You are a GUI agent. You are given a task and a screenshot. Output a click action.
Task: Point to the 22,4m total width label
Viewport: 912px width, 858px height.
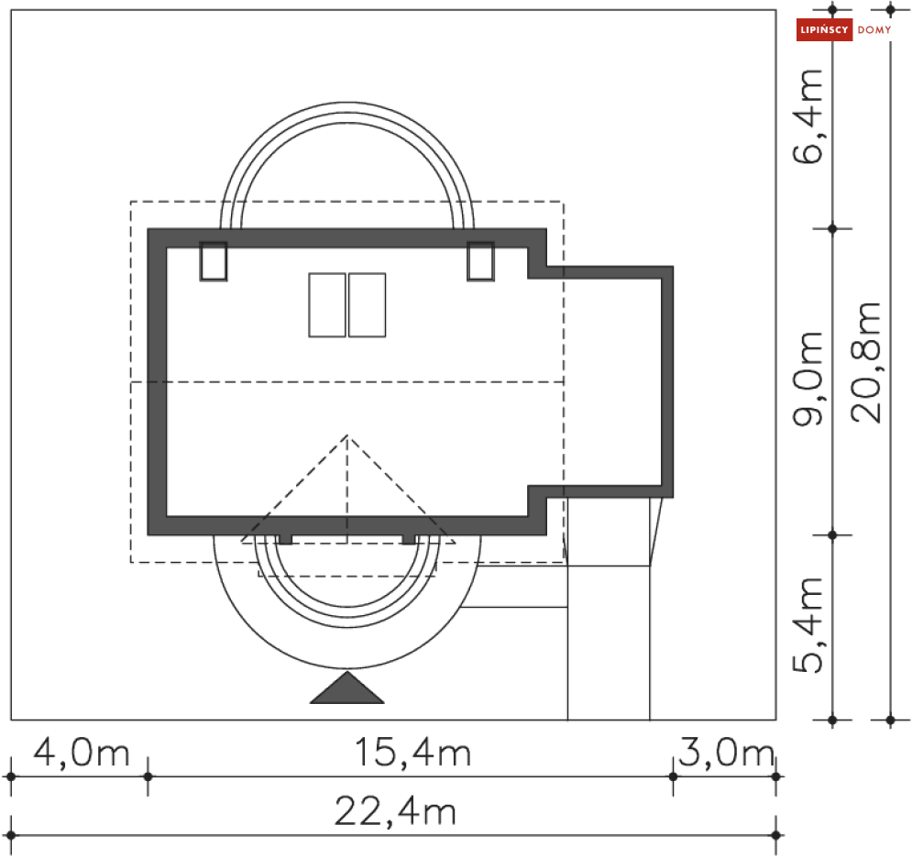395,811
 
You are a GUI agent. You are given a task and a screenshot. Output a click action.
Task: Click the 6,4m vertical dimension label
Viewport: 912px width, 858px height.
808,115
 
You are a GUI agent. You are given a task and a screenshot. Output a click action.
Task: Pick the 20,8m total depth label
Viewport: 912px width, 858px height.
865,362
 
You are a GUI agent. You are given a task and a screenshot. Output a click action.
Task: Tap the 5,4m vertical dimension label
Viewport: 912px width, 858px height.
808,626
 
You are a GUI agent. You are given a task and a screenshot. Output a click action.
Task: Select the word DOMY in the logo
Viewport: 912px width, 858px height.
874,30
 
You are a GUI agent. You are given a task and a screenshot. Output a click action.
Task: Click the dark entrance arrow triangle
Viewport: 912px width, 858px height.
346,688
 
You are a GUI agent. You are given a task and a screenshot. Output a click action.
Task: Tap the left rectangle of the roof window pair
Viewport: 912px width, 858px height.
327,305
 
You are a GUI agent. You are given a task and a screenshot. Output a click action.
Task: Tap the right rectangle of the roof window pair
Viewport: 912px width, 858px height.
367,305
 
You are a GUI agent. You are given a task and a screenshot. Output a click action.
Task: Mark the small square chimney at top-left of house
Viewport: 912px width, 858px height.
213,261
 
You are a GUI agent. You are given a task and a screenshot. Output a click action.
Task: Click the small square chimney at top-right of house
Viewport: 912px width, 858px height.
480,261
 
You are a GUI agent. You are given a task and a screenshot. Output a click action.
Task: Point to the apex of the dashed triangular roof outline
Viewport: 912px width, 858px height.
346,436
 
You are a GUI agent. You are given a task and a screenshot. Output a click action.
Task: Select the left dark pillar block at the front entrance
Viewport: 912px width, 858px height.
285,539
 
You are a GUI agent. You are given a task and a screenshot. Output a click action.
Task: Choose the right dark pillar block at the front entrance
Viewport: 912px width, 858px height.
409,539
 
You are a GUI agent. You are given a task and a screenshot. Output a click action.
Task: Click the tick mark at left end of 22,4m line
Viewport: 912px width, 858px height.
11,835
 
